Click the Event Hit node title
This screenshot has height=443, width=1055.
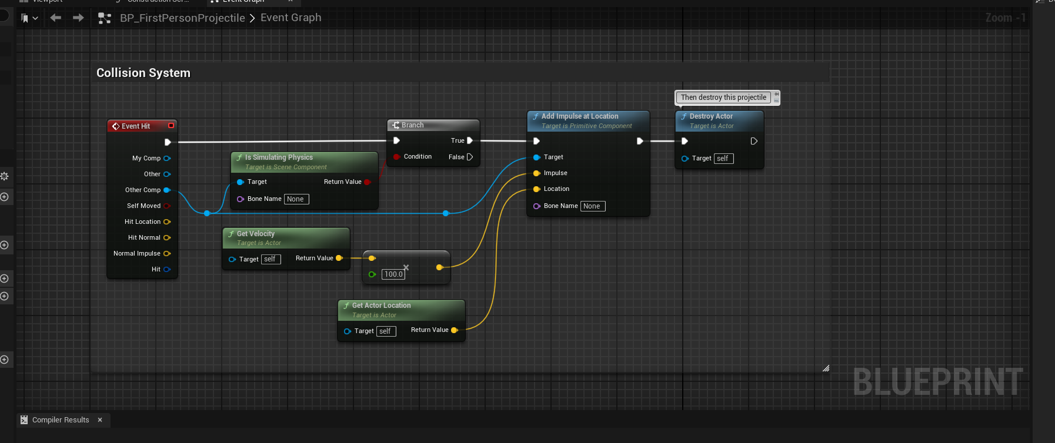tap(136, 126)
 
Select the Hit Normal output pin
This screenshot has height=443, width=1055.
tap(167, 238)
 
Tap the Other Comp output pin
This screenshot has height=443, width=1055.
tap(167, 190)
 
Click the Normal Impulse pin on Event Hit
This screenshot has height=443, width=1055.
tap(167, 254)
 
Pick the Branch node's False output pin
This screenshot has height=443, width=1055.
tap(469, 157)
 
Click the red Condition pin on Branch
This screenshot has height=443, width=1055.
tap(397, 157)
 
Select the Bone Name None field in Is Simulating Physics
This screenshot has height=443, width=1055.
tap(296, 199)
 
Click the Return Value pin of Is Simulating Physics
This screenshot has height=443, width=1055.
tap(367, 182)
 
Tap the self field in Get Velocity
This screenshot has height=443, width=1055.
tap(270, 259)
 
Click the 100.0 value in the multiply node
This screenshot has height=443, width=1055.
tap(393, 274)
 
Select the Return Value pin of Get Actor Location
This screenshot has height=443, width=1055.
tap(454, 330)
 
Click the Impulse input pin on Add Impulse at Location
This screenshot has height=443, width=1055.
tap(537, 173)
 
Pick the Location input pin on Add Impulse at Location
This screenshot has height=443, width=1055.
tap(537, 189)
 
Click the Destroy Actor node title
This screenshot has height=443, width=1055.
tap(711, 116)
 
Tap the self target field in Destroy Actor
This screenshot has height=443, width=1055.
tap(723, 159)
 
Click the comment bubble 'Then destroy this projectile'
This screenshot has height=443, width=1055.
tap(723, 98)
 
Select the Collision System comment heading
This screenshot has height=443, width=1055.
tap(143, 73)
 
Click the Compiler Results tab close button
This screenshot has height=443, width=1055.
tap(100, 419)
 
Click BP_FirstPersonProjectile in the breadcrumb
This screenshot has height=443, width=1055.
tap(182, 18)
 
